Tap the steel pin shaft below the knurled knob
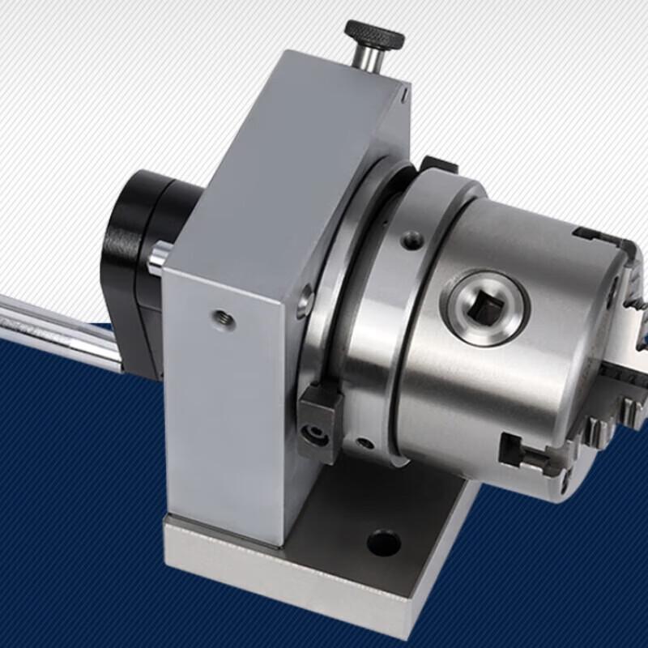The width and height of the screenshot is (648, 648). click(369, 61)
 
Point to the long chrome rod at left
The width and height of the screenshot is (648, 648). click(57, 324)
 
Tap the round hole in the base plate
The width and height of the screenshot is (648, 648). click(383, 542)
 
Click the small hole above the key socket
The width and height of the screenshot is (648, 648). click(414, 240)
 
